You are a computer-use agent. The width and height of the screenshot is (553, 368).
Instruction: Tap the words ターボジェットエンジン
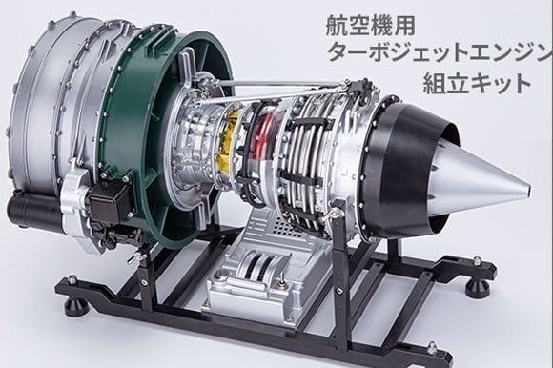point(435,53)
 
